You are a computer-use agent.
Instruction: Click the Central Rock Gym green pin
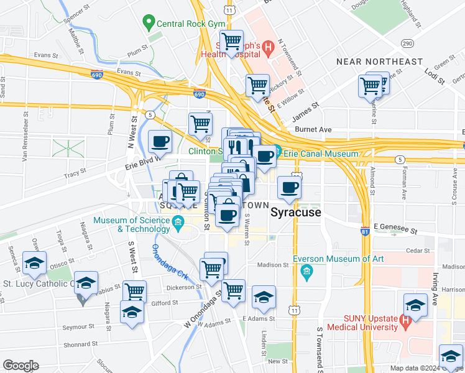click(148, 24)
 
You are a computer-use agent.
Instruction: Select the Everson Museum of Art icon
click(306, 272)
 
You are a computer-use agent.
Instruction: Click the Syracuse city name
click(296, 213)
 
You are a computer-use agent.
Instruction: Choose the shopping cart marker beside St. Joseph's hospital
click(232, 43)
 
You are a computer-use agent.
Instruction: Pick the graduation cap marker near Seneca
click(34, 263)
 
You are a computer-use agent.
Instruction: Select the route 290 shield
click(407, 43)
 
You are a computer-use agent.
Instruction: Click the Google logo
click(21, 366)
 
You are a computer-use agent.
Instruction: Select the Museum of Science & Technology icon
click(178, 221)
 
